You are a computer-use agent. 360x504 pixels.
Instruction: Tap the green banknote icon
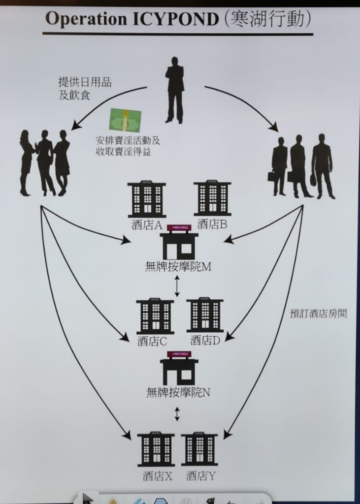pyautogui.click(x=125, y=120)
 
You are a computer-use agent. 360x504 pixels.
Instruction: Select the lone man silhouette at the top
pyautogui.click(x=174, y=90)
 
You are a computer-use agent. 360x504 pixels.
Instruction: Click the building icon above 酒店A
pyautogui.click(x=147, y=199)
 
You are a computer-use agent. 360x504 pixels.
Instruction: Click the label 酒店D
pyautogui.click(x=205, y=340)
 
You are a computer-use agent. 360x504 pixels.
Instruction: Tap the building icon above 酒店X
pyautogui.click(x=156, y=449)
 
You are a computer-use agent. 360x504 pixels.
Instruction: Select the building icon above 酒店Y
pyautogui.click(x=199, y=448)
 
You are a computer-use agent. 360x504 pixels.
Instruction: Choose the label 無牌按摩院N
pyautogui.click(x=178, y=392)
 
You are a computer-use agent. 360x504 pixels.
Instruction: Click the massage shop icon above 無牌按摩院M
pyautogui.click(x=179, y=242)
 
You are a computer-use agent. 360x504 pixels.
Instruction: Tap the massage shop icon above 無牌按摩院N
pyautogui.click(x=179, y=368)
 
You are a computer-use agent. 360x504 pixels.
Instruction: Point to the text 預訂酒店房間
pyautogui.click(x=318, y=314)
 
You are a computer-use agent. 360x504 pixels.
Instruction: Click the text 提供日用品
pyautogui.click(x=85, y=82)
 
